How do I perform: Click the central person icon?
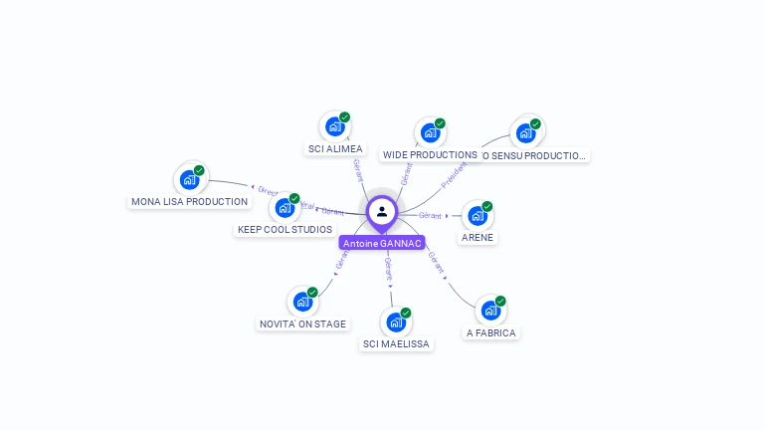[x=382, y=211]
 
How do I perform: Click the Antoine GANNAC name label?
[x=382, y=243]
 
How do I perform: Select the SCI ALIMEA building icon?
[x=334, y=126]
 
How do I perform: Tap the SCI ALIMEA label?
[x=335, y=149]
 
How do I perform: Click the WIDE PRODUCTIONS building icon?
[x=430, y=132]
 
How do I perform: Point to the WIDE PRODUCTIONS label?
[x=430, y=155]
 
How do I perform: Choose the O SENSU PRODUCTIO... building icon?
[x=525, y=132]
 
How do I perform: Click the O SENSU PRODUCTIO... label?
[x=536, y=155]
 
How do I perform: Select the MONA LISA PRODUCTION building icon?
[x=189, y=179]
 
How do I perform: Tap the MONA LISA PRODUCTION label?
[x=189, y=202]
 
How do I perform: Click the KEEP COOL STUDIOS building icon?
[x=285, y=207]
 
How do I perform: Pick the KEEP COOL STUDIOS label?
[x=285, y=230]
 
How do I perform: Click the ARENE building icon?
[x=477, y=215]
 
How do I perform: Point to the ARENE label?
[x=477, y=238]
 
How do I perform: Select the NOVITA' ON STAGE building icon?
[x=302, y=301]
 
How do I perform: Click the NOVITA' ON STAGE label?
[x=302, y=323]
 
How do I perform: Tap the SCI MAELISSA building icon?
[x=396, y=322]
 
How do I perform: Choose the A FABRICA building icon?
[x=490, y=310]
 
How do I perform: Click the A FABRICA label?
[x=491, y=333]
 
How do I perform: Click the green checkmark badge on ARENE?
[x=487, y=206]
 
